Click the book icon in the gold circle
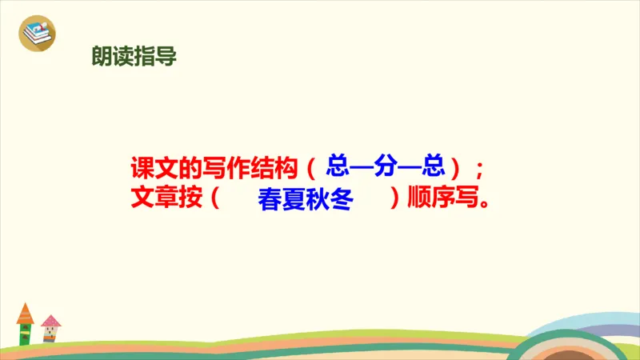tap(37, 34)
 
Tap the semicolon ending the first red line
tap(479, 170)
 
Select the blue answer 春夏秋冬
tap(306, 200)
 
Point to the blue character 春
tap(270, 200)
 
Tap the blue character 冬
tap(342, 200)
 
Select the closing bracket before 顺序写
tap(394, 198)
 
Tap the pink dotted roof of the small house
tap(51, 322)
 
